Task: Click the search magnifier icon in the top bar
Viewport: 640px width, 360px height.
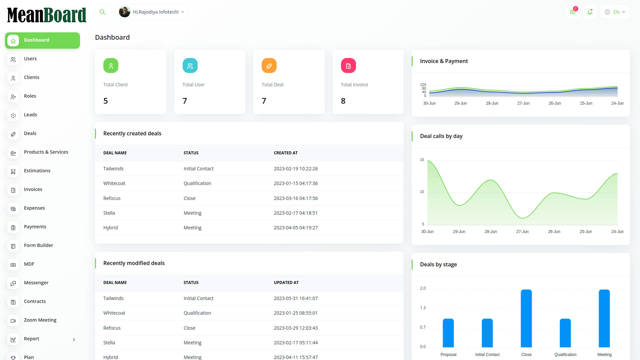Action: [x=103, y=12]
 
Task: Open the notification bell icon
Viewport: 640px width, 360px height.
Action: [x=590, y=12]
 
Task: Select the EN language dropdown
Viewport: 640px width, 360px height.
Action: [x=615, y=12]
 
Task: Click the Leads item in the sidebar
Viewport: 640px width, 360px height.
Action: [x=30, y=115]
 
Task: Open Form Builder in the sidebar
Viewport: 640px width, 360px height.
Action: [x=38, y=245]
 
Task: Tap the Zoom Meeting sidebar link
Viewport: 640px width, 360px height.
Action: [x=40, y=320]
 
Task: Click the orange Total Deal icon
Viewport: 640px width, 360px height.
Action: [x=269, y=66]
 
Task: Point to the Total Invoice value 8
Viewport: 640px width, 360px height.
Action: [x=343, y=101]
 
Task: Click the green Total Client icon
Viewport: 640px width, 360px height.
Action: [x=111, y=66]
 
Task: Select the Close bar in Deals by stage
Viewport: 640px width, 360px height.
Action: [x=526, y=318]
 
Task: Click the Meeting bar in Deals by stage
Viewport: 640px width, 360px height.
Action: [x=604, y=318]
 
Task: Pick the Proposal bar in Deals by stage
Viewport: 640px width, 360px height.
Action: [x=448, y=333]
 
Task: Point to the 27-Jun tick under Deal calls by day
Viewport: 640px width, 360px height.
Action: [x=522, y=232]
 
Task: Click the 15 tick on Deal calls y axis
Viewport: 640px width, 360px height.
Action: [x=422, y=160]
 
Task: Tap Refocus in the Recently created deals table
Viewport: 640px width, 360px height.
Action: [x=112, y=198]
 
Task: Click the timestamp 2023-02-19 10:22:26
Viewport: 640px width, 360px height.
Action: [x=296, y=169]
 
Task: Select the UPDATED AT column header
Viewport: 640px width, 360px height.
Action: [x=286, y=283]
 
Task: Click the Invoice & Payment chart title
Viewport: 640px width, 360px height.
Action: [x=444, y=61]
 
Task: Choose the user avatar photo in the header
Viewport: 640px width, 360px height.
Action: [x=125, y=12]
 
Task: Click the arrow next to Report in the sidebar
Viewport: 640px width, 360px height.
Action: [x=74, y=340]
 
